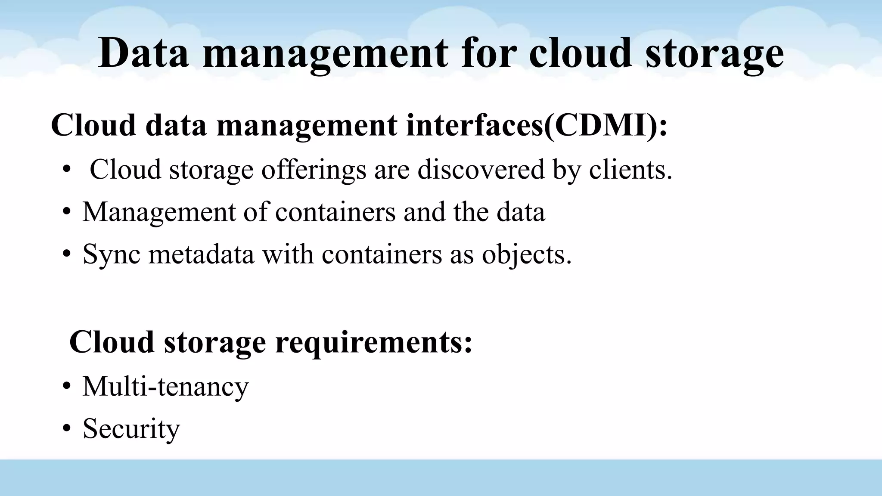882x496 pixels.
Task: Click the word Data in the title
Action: [x=143, y=53]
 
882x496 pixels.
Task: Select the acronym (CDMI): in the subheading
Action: [x=606, y=125]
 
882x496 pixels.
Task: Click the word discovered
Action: [x=481, y=169]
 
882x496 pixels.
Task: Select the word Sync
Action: [x=112, y=255]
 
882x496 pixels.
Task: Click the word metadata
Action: [x=202, y=254]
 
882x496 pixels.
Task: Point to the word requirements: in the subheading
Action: [x=373, y=343]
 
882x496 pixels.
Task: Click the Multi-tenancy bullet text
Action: [x=165, y=386]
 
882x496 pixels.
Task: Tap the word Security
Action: [x=131, y=429]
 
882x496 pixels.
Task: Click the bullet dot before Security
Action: [x=66, y=429]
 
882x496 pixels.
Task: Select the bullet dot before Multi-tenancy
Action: [x=66, y=387]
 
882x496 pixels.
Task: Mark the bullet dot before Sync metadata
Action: [x=66, y=254]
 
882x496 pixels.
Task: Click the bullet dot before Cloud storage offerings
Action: [x=66, y=170]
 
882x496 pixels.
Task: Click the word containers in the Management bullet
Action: [x=335, y=212]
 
